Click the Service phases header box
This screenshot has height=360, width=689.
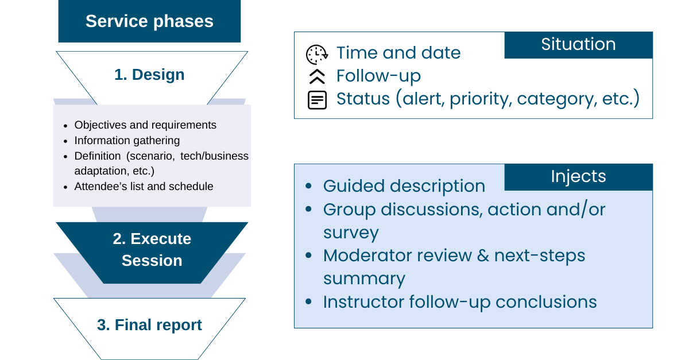tap(149, 21)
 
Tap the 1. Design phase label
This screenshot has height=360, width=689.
tap(149, 75)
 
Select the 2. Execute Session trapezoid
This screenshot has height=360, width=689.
tap(152, 253)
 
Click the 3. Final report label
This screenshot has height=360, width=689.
tap(149, 325)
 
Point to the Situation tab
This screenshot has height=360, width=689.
tap(579, 45)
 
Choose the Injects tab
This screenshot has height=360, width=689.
tap(579, 177)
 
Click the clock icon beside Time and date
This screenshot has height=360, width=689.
tap(317, 55)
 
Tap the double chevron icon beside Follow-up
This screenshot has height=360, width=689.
tap(317, 76)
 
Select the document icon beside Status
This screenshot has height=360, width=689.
tap(317, 100)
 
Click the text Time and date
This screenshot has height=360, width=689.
tap(398, 53)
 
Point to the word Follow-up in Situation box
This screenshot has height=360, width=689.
tap(378, 76)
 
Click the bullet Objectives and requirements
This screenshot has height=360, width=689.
tap(145, 125)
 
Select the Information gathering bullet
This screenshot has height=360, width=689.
tap(127, 140)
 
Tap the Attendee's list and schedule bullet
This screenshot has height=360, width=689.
tap(144, 187)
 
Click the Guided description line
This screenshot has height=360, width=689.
tap(404, 186)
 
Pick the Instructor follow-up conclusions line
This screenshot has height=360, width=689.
tap(460, 302)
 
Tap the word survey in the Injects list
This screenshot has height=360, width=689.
tap(351, 233)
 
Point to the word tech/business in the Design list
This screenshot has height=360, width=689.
tap(214, 156)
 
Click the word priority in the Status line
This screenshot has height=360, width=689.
tap(481, 99)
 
